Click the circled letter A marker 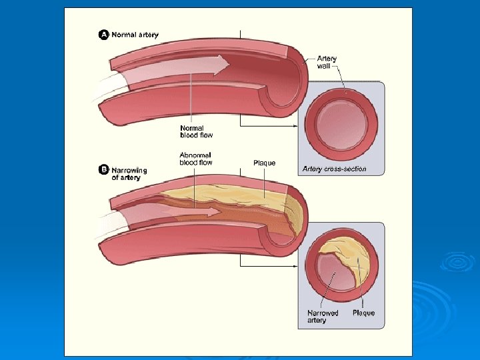pos(104,35)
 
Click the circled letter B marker pos(104,171)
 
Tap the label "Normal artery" pos(135,35)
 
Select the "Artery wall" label pos(327,63)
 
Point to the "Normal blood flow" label pos(193,131)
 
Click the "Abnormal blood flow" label pos(196,159)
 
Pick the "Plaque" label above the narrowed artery pos(265,163)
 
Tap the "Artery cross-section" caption pos(334,169)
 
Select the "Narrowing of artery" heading pos(129,174)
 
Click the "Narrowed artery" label pos(323,317)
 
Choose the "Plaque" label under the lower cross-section pos(363,313)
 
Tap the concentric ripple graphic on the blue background pos(456,263)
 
